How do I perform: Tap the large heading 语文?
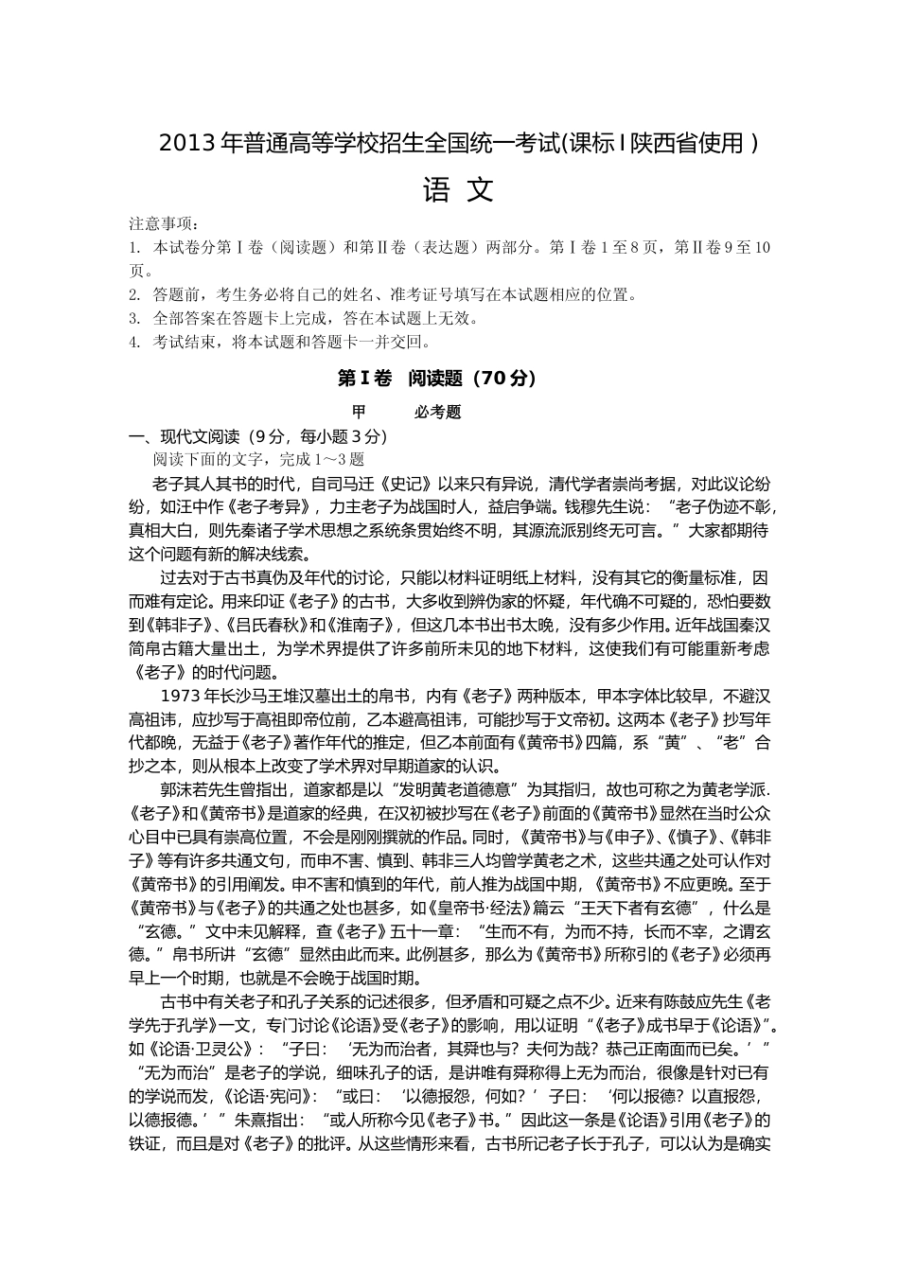coord(458,191)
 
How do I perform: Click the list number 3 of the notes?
coord(135,319)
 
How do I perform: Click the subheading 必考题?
coord(437,413)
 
